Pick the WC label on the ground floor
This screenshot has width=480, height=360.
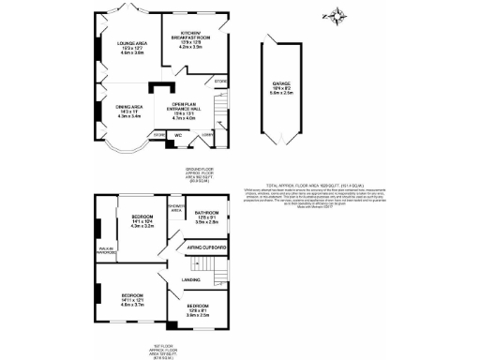pyautogui.click(x=178, y=134)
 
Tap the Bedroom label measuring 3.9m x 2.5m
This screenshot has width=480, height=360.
pyautogui.click(x=198, y=310)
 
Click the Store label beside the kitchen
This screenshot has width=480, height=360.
pyautogui.click(x=221, y=81)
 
